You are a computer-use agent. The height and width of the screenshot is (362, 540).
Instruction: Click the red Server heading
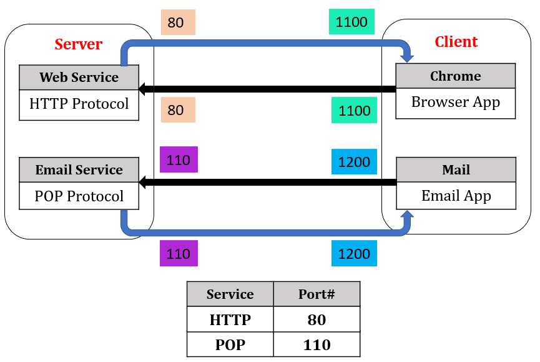78,44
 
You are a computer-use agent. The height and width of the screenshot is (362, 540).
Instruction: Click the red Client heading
456,42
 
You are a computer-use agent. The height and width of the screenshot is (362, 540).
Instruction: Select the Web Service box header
79,78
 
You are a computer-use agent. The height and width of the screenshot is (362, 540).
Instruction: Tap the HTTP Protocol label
79,104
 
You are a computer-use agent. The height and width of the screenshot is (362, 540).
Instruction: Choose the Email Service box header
79,170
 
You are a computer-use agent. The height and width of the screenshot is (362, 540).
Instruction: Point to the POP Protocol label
79,196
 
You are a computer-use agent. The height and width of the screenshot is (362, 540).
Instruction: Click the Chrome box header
456,76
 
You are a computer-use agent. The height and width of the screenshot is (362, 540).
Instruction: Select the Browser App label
456,103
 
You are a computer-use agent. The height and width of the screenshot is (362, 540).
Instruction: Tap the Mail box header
456,170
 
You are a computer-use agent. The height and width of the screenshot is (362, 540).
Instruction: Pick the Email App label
456,196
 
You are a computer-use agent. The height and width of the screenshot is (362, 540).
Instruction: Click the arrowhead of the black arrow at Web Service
143,89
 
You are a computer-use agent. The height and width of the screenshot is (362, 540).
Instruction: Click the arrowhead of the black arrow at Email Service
143,183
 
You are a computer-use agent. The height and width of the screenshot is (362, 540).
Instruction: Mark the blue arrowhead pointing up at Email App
408,216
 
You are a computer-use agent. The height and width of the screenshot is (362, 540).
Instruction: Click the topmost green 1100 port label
351,22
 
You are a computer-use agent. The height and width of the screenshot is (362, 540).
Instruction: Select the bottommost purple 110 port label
179,254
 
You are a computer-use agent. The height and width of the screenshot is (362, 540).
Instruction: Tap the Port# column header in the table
317,294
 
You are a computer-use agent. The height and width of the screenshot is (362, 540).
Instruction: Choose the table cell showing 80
317,319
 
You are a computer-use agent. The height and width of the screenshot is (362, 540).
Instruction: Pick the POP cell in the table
230,344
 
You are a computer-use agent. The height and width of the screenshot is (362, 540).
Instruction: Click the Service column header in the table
230,294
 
